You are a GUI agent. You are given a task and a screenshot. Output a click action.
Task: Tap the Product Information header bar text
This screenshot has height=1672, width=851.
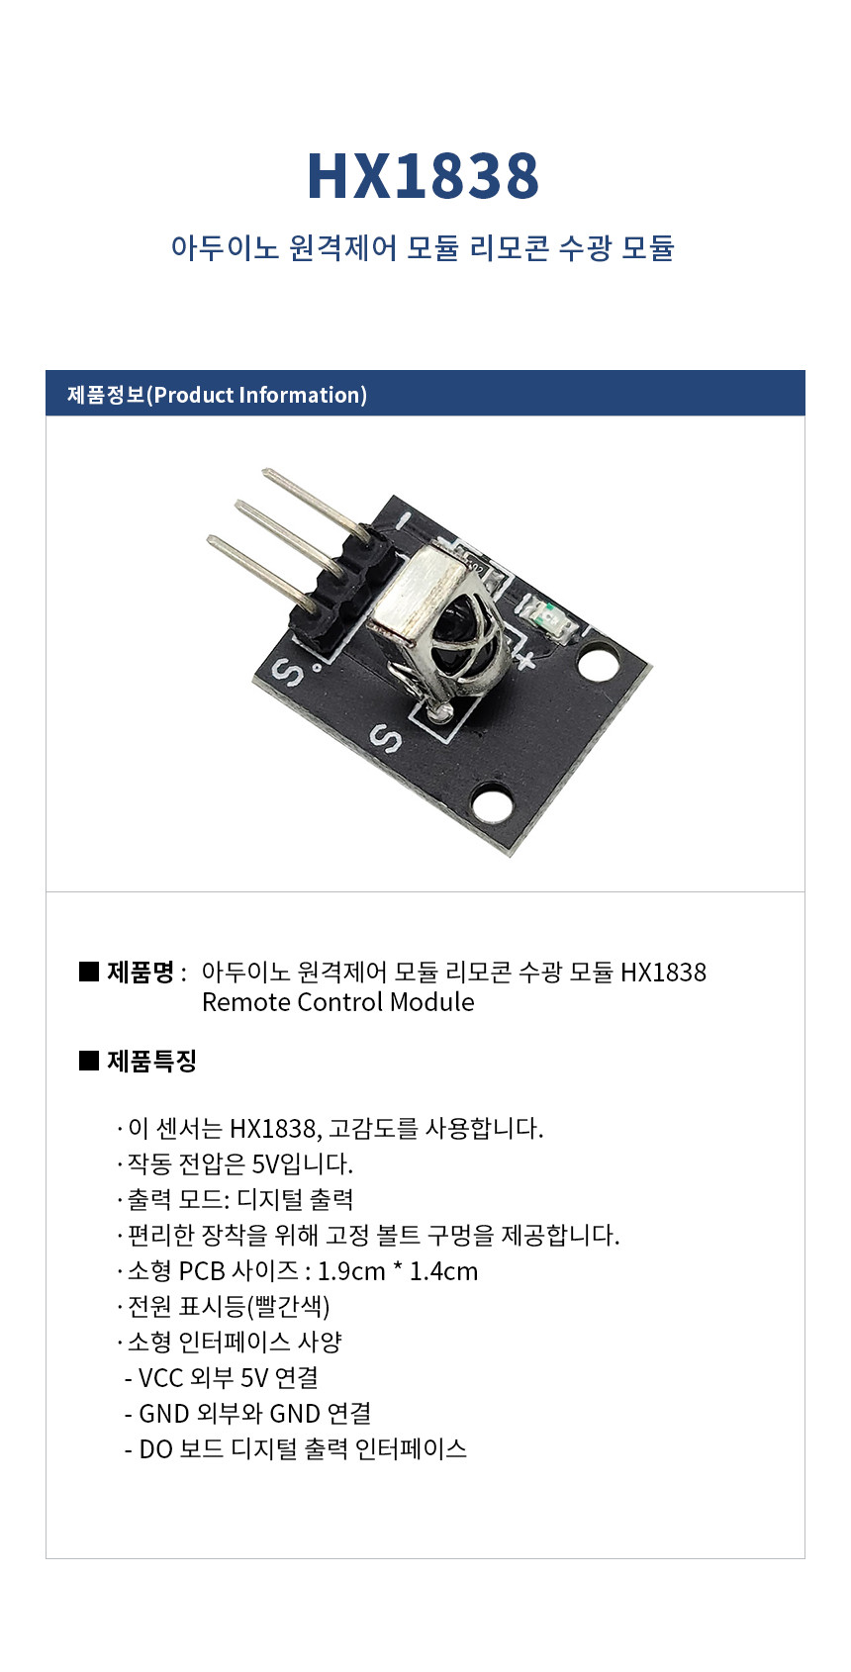[x=218, y=394]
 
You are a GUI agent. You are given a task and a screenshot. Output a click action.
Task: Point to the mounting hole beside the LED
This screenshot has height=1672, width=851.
[x=600, y=663]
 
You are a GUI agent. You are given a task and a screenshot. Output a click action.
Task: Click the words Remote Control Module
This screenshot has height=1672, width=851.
[x=338, y=1001]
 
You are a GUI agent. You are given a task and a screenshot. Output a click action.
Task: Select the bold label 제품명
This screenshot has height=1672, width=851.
[x=140, y=972]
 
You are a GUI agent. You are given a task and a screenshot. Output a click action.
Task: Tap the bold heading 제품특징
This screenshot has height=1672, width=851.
[x=151, y=1060]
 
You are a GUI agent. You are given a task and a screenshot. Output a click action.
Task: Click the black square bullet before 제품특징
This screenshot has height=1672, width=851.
[x=89, y=1060]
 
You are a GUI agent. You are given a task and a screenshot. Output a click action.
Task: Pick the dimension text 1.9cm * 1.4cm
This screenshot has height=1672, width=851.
[x=398, y=1270]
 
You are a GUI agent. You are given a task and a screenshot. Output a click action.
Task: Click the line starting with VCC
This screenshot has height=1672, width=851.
[x=222, y=1377]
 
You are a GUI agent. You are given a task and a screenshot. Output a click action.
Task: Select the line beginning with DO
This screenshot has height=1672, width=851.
[x=296, y=1448]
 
